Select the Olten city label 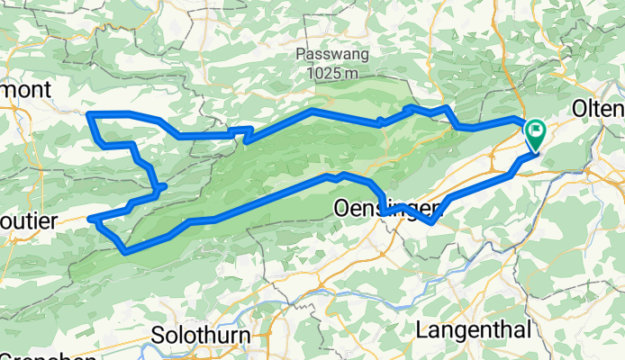598,110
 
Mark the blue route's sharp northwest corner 87,113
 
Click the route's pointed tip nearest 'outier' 92,219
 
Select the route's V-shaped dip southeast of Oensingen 431,221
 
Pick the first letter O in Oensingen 341,208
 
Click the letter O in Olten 580,110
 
